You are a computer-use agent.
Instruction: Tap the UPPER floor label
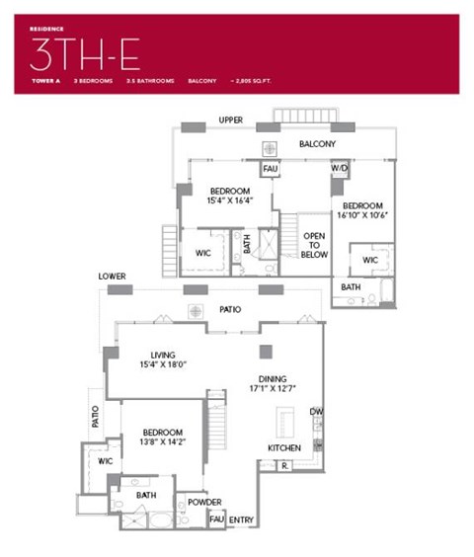231,120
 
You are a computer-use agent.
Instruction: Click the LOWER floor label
112,277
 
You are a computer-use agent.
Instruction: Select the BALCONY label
317,144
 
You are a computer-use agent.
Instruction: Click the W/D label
339,168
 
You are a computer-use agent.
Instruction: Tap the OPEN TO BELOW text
315,245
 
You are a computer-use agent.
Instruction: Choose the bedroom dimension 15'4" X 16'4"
229,201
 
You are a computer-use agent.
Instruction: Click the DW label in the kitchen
315,411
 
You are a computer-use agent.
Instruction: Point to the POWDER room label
204,502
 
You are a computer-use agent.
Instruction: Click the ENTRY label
242,519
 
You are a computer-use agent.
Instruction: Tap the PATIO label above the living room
230,310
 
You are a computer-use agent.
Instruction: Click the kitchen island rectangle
285,424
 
